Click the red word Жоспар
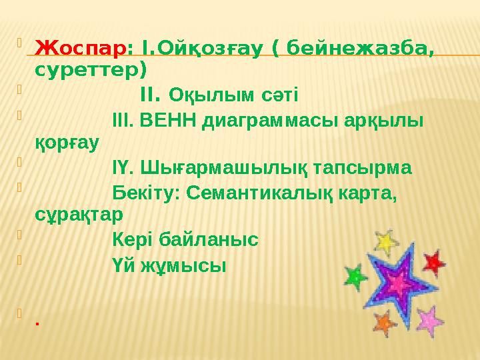[x=80, y=49]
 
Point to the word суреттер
[x=91, y=68]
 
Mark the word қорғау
[x=67, y=141]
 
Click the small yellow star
[x=385, y=241]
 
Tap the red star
[x=434, y=262]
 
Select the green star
[x=355, y=275]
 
